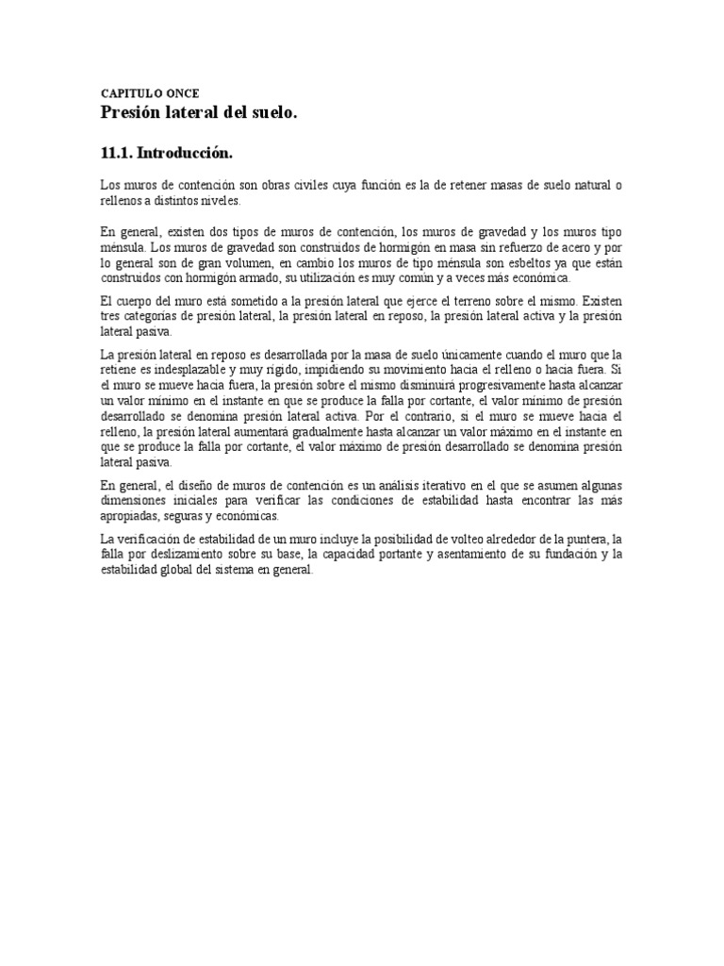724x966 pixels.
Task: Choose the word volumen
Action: coord(243,262)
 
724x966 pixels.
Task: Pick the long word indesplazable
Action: coord(180,370)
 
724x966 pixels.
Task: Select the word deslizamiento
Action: coord(200,555)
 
